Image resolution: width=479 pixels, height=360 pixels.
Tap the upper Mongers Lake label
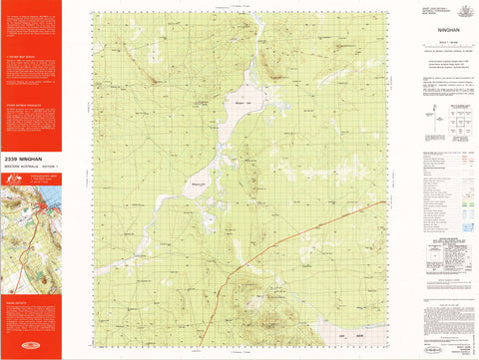click(x=245, y=100)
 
